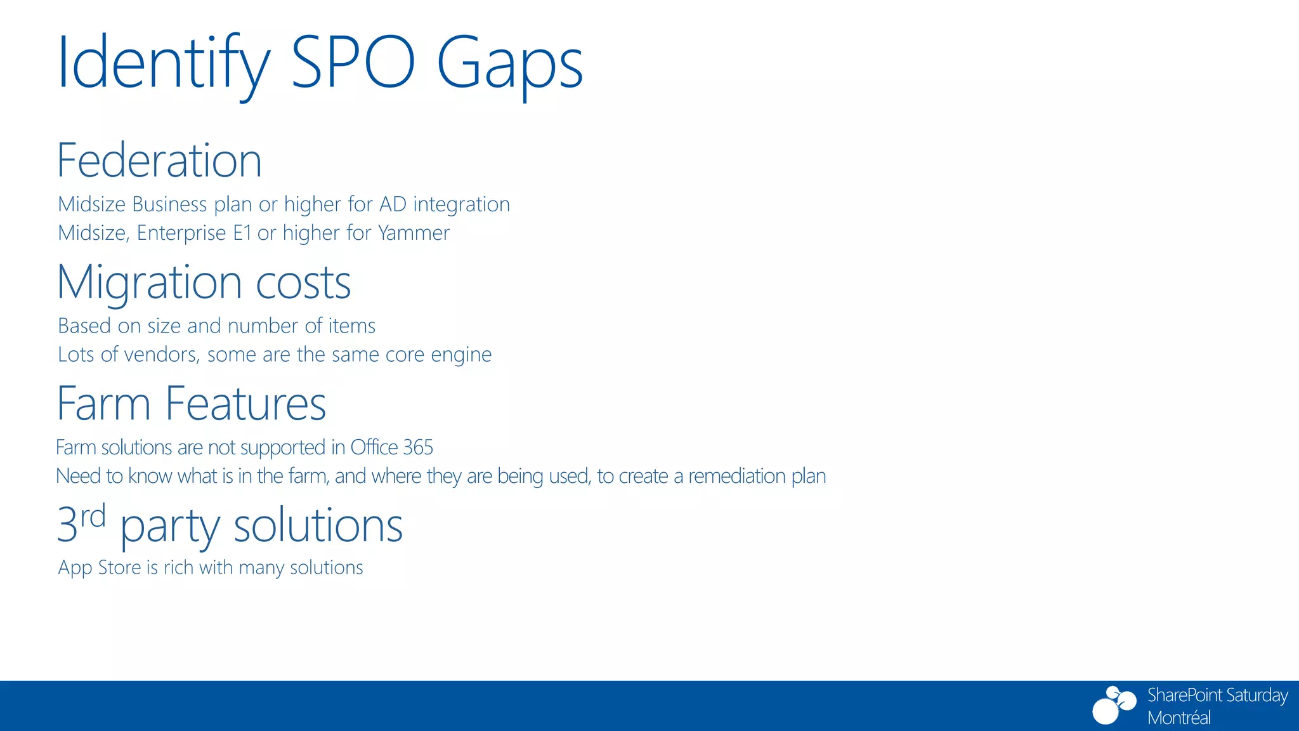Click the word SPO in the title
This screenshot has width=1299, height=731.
pos(353,63)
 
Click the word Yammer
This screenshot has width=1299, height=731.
pos(414,233)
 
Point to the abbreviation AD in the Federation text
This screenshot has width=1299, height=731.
pos(393,204)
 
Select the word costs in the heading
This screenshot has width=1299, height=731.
pos(303,282)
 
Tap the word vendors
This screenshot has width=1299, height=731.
pos(161,354)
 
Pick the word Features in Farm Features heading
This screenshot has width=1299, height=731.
pos(245,404)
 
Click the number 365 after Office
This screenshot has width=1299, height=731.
pos(418,447)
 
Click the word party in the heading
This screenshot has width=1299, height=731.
pos(169,527)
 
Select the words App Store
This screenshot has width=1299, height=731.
pos(100,567)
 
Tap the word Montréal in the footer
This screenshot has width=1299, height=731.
pos(1179,718)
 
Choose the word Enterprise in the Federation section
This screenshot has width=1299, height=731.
pos(181,233)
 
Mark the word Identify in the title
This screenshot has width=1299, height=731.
pos(164,63)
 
